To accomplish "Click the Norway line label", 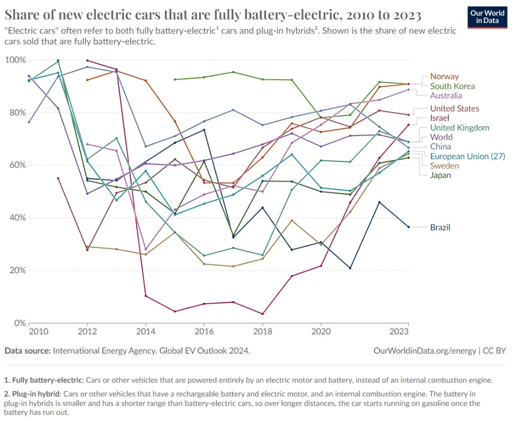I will [x=444, y=76].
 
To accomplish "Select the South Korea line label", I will [x=452, y=86].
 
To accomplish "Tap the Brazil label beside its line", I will [x=440, y=227].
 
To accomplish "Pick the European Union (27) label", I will [x=467, y=156].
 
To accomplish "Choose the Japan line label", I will [x=440, y=175].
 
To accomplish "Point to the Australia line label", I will [x=446, y=96].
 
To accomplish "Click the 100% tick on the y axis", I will [x=15, y=60].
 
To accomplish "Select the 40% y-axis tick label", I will [x=17, y=218].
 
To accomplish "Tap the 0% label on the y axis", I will [x=19, y=323].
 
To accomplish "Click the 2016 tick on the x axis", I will [x=204, y=331].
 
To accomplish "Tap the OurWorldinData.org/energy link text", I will [x=425, y=350].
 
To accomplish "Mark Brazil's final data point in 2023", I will [x=408, y=227].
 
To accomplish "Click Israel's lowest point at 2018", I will [x=262, y=314].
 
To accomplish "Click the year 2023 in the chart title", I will [x=404, y=16].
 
